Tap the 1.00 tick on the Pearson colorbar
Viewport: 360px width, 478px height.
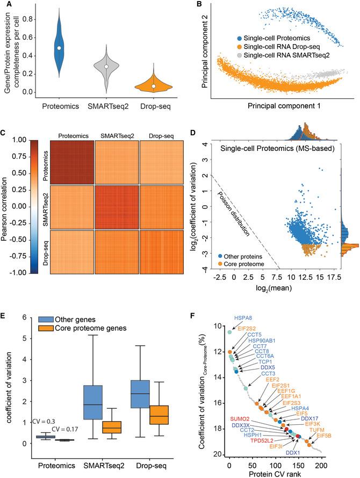pyautogui.click(x=30, y=139)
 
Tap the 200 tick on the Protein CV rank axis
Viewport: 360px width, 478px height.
pyautogui.click(x=321, y=465)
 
